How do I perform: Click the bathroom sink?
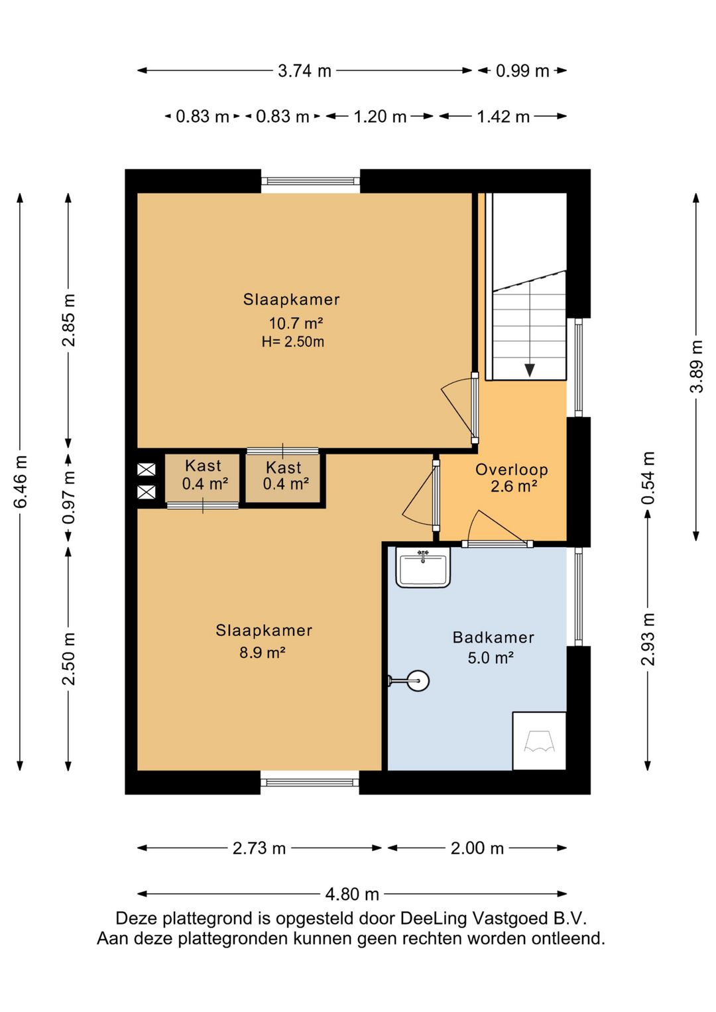tap(423, 567)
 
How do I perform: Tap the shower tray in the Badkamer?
tap(539, 741)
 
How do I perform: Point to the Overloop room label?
tap(511, 470)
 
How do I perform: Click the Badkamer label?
tap(493, 637)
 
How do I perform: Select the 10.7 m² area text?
tap(296, 324)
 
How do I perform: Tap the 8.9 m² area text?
tap(262, 653)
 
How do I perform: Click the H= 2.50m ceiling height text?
tap(293, 342)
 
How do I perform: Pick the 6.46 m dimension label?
tap(21, 481)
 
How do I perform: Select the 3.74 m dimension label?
tap(304, 71)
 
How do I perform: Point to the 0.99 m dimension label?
tap(522, 71)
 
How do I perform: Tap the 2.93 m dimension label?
tap(648, 639)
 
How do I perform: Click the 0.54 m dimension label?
tap(648, 478)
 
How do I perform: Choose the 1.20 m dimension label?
tap(380, 117)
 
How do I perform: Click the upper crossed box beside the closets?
tap(147, 470)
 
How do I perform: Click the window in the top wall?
tap(310, 181)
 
